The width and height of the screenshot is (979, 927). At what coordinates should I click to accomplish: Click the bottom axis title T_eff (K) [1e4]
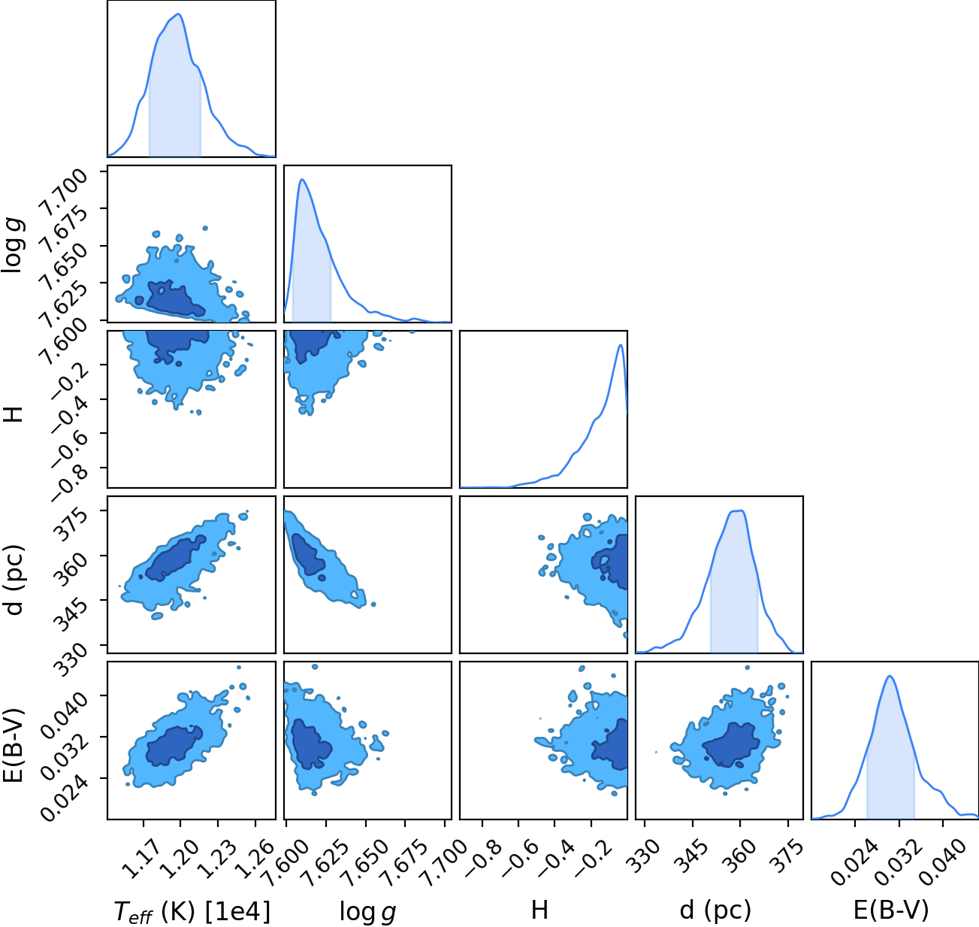[192, 911]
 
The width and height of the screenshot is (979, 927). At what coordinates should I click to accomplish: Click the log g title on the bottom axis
[367, 912]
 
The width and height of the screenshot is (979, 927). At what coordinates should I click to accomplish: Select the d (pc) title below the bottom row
[715, 910]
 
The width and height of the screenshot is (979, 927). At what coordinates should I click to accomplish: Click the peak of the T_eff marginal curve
[178, 14]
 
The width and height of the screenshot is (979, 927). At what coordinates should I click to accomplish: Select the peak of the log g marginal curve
[302, 180]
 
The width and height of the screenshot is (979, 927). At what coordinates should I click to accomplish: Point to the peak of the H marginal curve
[620, 345]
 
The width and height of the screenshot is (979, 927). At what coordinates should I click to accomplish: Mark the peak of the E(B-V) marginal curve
[890, 677]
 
